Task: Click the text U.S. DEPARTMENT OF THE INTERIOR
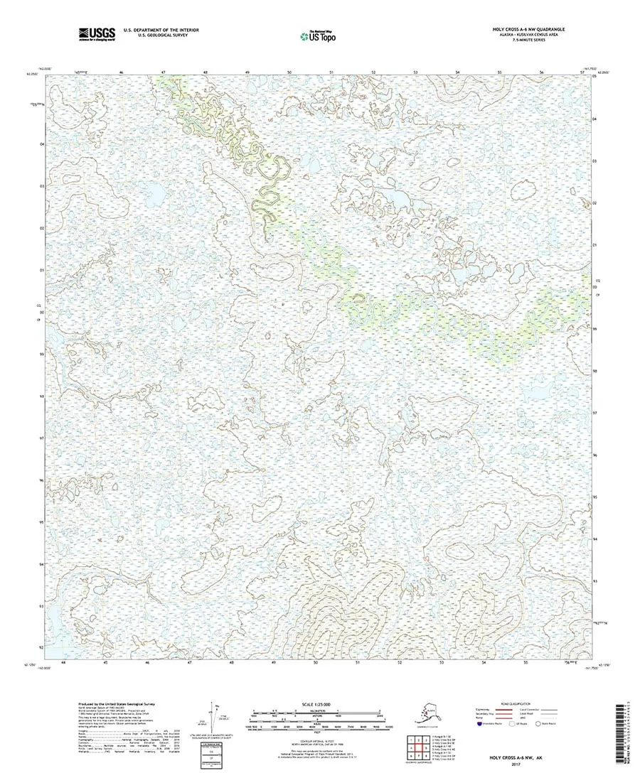tap(161, 30)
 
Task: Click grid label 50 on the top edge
tap(289, 72)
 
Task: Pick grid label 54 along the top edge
tap(457, 72)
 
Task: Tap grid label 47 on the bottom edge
tap(190, 662)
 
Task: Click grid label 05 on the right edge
tap(594, 77)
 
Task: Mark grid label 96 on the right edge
tap(594, 455)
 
